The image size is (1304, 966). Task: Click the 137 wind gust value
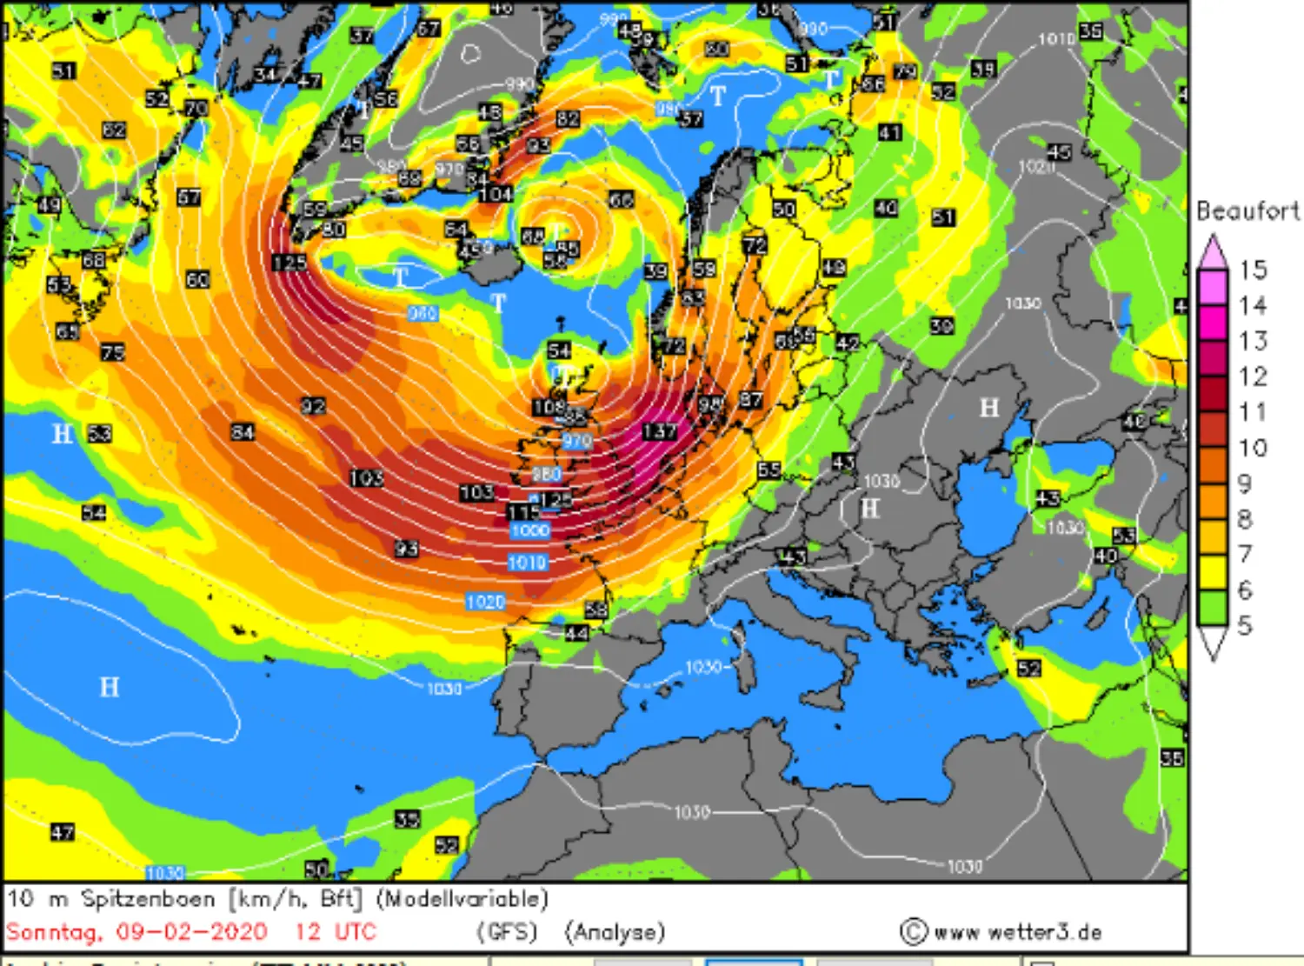[659, 431]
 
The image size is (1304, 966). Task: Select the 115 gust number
[522, 513]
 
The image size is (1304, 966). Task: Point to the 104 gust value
[495, 193]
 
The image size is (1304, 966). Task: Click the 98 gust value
[710, 404]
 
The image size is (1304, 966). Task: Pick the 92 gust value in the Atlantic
[313, 406]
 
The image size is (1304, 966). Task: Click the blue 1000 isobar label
[529, 530]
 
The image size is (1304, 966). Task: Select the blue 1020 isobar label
[485, 602]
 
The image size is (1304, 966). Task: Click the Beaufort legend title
[1248, 211]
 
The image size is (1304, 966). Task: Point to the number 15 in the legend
[1253, 270]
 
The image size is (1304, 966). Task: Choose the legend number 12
[1253, 376]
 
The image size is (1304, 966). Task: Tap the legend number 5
[1245, 625]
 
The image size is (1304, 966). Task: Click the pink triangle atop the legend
[1212, 252]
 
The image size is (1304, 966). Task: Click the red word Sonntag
[54, 932]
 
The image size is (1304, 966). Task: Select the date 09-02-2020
[191, 932]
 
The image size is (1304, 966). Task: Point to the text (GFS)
[507, 932]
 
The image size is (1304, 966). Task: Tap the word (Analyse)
[615, 932]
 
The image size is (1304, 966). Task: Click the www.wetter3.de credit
[1017, 932]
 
